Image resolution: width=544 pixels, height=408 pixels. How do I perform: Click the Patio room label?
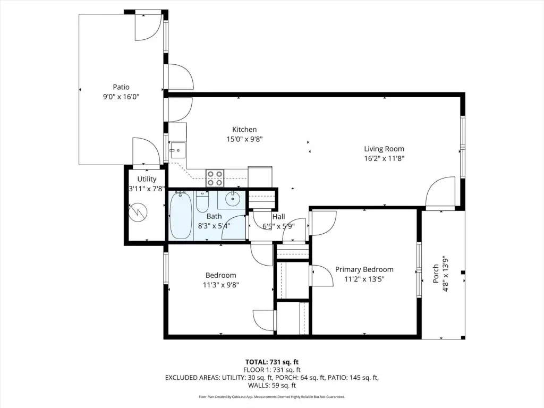(121, 87)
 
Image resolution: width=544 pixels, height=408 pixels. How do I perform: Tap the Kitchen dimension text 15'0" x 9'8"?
(244, 139)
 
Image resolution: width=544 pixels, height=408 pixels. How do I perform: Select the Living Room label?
(384, 149)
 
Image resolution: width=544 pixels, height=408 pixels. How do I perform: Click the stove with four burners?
(215, 178)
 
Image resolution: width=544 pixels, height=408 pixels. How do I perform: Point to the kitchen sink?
(177, 150)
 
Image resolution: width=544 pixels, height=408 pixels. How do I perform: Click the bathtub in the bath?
(181, 216)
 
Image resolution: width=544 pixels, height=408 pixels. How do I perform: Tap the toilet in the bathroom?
(202, 202)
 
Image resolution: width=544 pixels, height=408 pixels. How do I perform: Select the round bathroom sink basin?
(232, 199)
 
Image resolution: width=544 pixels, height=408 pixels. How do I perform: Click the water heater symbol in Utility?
(138, 211)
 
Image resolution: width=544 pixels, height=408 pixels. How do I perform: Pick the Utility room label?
(147, 179)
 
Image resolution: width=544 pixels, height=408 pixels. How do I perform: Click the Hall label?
(278, 217)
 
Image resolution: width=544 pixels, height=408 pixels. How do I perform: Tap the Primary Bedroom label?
(364, 269)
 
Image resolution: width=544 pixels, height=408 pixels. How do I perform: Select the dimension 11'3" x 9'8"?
(221, 285)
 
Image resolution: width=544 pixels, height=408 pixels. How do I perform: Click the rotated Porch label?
(436, 274)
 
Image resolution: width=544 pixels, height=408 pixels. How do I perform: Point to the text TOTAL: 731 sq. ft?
(272, 362)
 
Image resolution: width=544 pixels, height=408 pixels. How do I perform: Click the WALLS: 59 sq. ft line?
(272, 385)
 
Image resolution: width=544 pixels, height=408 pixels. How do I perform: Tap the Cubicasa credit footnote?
(272, 396)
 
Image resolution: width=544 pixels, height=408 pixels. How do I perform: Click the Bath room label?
(214, 216)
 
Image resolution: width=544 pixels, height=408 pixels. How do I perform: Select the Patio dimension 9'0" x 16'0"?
(121, 97)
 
